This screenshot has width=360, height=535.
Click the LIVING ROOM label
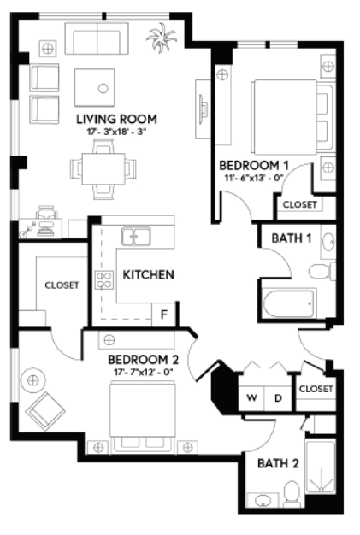click(116, 119)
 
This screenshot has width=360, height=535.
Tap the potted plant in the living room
click(161, 38)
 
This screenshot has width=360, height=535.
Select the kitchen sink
click(136, 237)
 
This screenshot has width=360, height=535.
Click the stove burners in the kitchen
click(104, 279)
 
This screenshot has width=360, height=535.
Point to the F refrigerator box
click(164, 315)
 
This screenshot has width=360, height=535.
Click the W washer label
click(252, 397)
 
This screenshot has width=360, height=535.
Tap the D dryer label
click(278, 397)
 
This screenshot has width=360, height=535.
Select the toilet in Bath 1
click(322, 272)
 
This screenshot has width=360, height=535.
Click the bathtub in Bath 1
click(289, 303)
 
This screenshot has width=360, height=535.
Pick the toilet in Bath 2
click(292, 492)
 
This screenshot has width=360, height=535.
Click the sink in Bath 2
click(263, 501)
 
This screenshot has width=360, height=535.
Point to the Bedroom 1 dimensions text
click(254, 178)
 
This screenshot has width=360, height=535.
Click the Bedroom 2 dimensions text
click(144, 372)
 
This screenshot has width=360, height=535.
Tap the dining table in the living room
click(103, 169)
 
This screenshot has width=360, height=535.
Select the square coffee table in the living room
click(95, 87)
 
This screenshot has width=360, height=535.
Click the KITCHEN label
click(149, 274)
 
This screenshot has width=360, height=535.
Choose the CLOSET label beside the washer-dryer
click(316, 389)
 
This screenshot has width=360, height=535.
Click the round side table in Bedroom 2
click(33, 379)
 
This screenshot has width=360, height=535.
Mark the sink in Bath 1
click(328, 242)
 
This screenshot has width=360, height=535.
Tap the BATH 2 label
click(278, 463)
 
